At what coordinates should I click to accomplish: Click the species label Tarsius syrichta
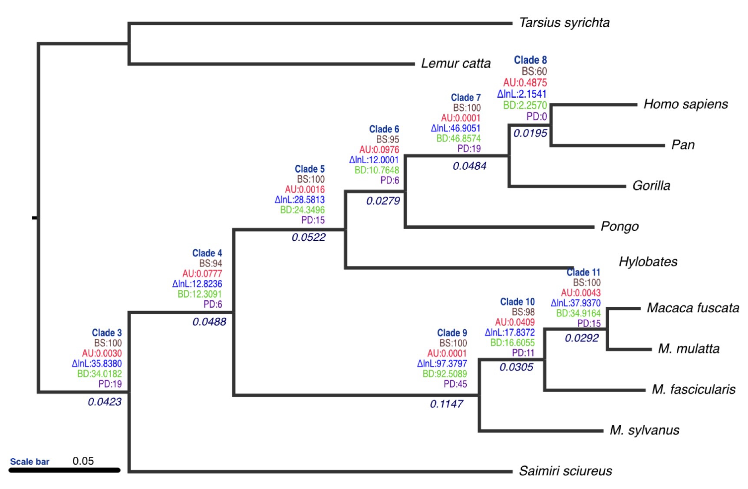pyautogui.click(x=564, y=23)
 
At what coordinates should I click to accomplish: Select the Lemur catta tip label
pyautogui.click(x=455, y=63)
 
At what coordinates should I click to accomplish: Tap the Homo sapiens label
pyautogui.click(x=685, y=104)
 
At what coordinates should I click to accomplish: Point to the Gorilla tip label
pyautogui.click(x=651, y=186)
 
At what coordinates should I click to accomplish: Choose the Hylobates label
pyautogui.click(x=648, y=262)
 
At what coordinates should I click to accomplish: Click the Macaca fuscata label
pyautogui.click(x=693, y=308)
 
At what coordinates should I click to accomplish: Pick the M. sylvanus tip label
pyautogui.click(x=644, y=430)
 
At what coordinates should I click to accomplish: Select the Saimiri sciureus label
pyautogui.click(x=565, y=471)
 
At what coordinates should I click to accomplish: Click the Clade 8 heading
pyautogui.click(x=530, y=60)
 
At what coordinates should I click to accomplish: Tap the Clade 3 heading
pyautogui.click(x=107, y=333)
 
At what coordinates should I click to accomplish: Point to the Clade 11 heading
pyautogui.click(x=583, y=272)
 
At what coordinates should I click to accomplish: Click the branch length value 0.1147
pyautogui.click(x=446, y=404)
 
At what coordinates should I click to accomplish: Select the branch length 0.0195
pyautogui.click(x=530, y=133)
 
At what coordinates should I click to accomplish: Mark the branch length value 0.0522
pyautogui.click(x=308, y=237)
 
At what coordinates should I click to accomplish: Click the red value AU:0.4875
pyautogui.click(x=525, y=82)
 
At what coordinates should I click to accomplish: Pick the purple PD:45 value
pyautogui.click(x=455, y=384)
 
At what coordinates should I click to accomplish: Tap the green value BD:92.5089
pyautogui.click(x=445, y=374)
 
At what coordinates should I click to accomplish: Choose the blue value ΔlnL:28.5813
pyautogui.click(x=300, y=200)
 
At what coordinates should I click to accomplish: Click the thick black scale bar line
pyautogui.click(x=64, y=470)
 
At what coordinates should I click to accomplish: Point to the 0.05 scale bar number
pyautogui.click(x=83, y=461)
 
